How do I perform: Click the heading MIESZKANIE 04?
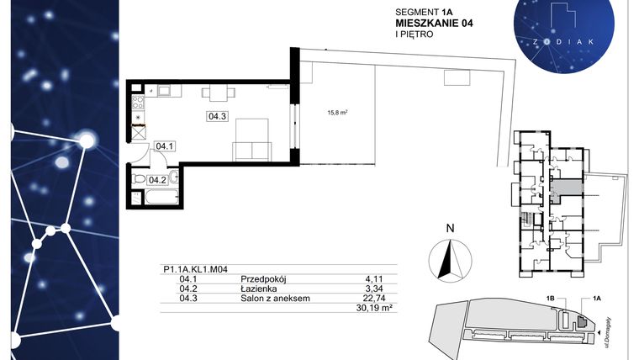point(433,24)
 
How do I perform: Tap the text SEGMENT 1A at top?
point(423,12)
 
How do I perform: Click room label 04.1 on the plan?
point(165,146)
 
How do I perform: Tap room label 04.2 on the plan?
point(157,179)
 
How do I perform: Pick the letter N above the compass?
point(450,228)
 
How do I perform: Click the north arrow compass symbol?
point(450,257)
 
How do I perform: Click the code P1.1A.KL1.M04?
point(195,269)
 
